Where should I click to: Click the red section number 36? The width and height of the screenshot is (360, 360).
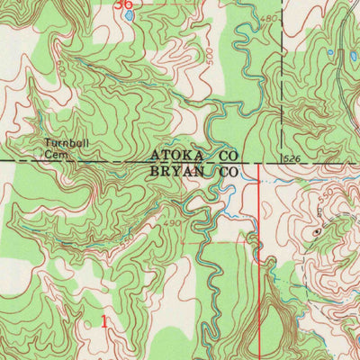click(125, 4)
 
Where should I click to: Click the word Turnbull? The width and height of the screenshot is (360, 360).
click(64, 142)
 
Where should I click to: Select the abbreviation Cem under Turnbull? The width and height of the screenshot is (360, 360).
click(56, 153)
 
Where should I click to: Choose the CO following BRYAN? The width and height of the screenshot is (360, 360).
click(223, 169)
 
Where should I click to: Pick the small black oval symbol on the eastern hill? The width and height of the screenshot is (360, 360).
click(317, 231)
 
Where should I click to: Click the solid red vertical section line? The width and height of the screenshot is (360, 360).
click(259, 270)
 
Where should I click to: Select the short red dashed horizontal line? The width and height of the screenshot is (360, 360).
click(211, 241)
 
